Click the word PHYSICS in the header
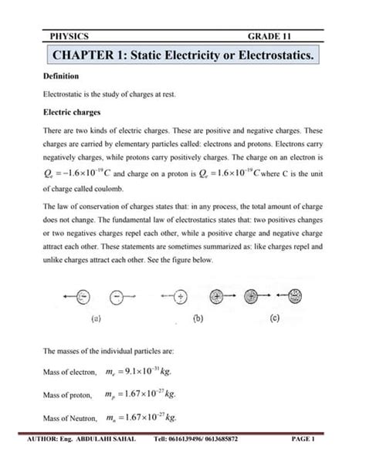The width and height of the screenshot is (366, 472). coord(68,36)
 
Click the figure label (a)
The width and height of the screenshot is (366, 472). coord(97,316)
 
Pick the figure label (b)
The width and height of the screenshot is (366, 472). coord(198,316)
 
